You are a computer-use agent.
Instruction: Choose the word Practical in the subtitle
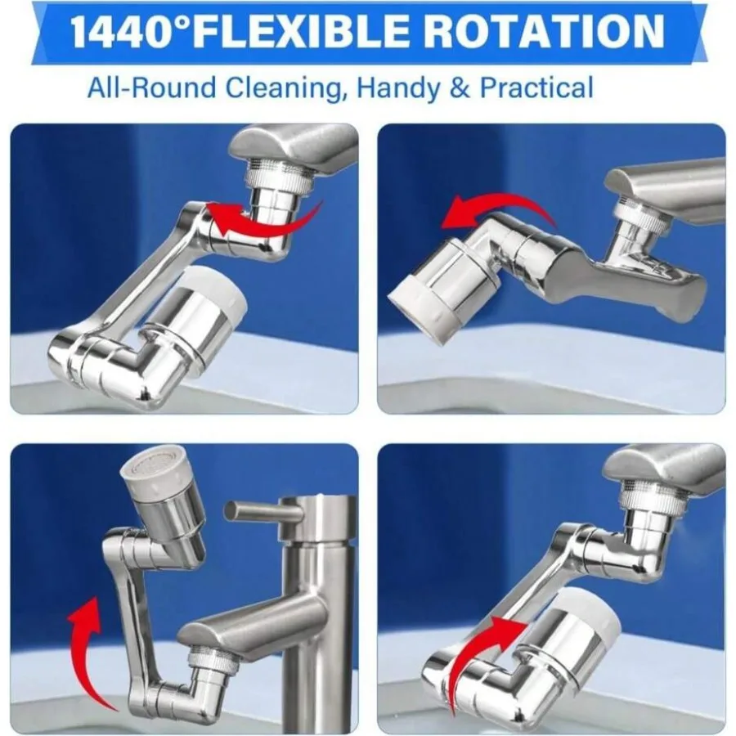point(536,88)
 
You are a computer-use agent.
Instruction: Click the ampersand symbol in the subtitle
point(460,87)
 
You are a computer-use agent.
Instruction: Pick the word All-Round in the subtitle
point(152,87)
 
